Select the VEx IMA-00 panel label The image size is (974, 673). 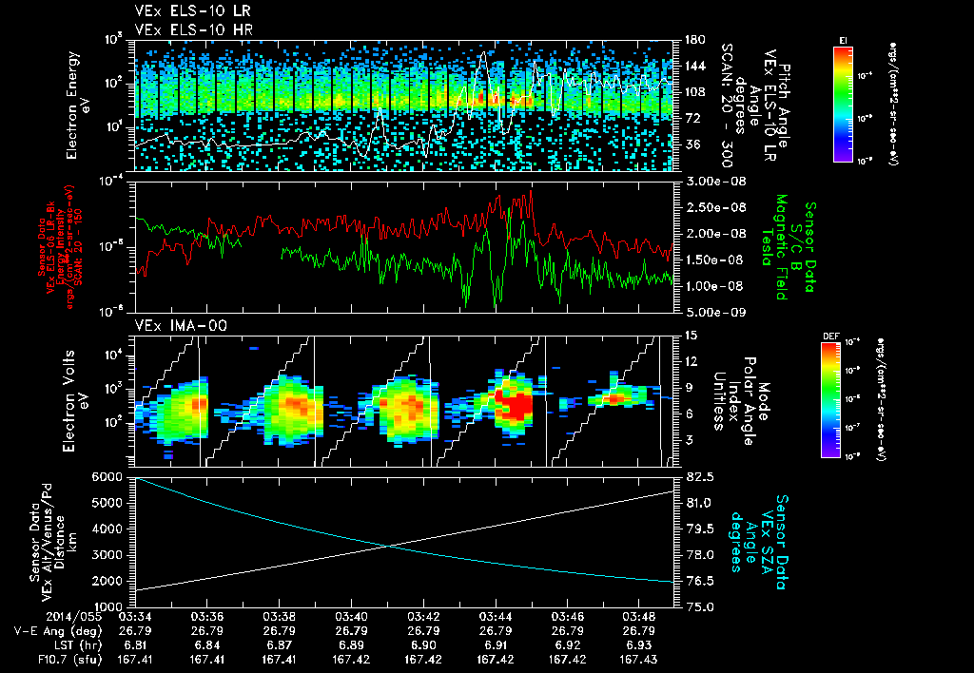click(x=169, y=325)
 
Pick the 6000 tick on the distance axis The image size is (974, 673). click(x=107, y=475)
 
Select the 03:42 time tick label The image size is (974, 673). click(x=422, y=616)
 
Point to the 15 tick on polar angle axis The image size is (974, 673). click(x=683, y=335)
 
